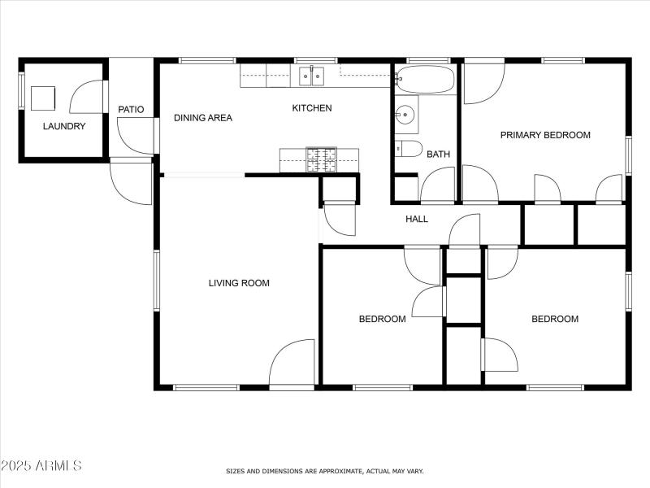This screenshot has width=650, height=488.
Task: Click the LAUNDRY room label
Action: (x=63, y=126)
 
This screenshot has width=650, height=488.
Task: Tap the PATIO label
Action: (x=131, y=109)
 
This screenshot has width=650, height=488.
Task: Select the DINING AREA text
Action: (x=203, y=118)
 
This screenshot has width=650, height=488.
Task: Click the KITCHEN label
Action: (x=312, y=108)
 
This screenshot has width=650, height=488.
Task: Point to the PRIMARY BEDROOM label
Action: (x=545, y=135)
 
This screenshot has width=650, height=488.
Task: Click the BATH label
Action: (x=438, y=154)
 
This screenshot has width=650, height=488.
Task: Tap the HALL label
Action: (x=417, y=219)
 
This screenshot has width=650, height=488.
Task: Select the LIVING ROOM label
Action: (x=239, y=283)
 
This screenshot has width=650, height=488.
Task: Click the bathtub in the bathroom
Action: (x=425, y=80)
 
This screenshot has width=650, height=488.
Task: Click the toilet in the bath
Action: (x=408, y=148)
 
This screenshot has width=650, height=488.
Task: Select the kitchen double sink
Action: (x=310, y=76)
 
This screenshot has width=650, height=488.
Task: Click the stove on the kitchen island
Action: (x=320, y=159)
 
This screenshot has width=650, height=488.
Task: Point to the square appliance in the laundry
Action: (x=43, y=98)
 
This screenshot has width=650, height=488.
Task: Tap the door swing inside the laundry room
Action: (x=87, y=98)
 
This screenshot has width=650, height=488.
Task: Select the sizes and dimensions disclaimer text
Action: (x=324, y=471)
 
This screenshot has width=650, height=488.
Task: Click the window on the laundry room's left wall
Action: (x=21, y=90)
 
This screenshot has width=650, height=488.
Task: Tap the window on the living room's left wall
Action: (x=157, y=280)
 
